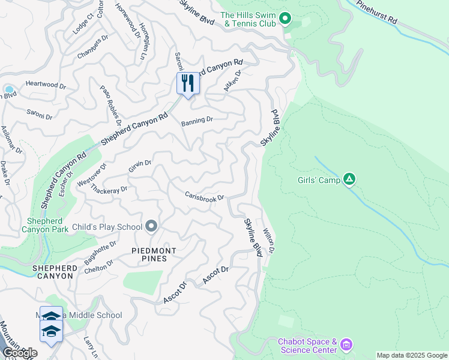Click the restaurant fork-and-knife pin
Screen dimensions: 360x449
[x=188, y=83]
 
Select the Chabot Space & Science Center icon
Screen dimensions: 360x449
[x=345, y=345]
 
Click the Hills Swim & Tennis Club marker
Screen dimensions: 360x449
[x=286, y=20]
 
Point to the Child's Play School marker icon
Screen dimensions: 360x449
[x=151, y=226]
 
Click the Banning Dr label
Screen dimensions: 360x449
[x=197, y=119]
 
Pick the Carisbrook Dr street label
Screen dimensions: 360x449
[x=204, y=197]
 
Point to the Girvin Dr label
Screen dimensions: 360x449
[x=139, y=164]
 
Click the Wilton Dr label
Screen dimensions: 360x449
[x=270, y=240]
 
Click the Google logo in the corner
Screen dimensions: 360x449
[x=19, y=353]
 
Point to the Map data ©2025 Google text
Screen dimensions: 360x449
[x=412, y=355]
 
